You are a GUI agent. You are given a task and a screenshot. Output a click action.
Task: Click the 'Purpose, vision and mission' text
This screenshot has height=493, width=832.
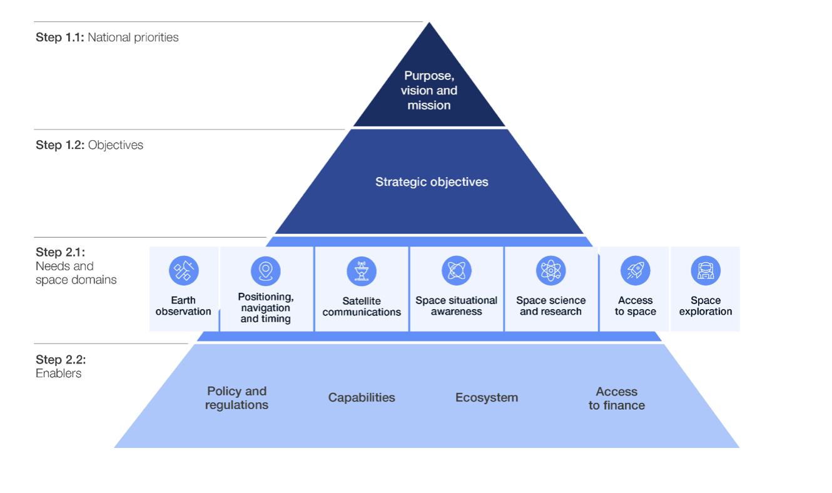pyautogui.click(x=429, y=91)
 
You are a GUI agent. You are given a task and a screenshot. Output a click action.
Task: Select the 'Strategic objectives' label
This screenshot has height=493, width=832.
pyautogui.click(x=432, y=182)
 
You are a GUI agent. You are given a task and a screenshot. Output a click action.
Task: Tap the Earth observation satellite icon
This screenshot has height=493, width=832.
pyautogui.click(x=183, y=271)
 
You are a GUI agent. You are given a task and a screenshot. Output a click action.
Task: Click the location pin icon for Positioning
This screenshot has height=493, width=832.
pyautogui.click(x=266, y=271)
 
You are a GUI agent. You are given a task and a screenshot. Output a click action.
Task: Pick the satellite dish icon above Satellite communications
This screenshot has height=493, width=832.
pyautogui.click(x=362, y=271)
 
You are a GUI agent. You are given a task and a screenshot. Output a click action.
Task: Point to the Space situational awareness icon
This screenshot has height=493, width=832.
pyautogui.click(x=457, y=271)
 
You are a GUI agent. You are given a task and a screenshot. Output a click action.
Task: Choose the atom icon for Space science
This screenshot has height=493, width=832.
pyautogui.click(x=551, y=271)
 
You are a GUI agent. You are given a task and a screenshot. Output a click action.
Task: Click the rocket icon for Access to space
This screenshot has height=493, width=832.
pyautogui.click(x=636, y=271)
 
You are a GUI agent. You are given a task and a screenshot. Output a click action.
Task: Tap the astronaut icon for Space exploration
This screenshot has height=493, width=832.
pyautogui.click(x=706, y=271)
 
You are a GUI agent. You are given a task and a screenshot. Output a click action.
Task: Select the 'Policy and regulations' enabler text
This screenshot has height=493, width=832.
pyautogui.click(x=237, y=398)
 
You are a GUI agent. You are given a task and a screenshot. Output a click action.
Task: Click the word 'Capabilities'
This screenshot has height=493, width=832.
pyautogui.click(x=362, y=397)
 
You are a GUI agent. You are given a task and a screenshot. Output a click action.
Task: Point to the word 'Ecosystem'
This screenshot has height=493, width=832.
pyautogui.click(x=487, y=397)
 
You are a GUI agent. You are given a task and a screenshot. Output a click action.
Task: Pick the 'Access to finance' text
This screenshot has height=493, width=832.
pyautogui.click(x=617, y=399)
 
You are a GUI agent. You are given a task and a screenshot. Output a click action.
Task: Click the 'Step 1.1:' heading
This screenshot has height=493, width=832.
pyautogui.click(x=60, y=38)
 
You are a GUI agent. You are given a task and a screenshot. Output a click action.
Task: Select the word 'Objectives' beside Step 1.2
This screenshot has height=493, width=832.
pyautogui.click(x=116, y=145)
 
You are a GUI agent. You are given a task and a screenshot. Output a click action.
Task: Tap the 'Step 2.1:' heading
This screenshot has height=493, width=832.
pyautogui.click(x=60, y=253)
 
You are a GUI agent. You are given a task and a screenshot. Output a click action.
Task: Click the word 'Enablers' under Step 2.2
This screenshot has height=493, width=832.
pyautogui.click(x=59, y=374)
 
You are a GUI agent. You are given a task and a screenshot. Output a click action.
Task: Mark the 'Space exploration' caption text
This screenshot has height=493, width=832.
pyautogui.click(x=706, y=306)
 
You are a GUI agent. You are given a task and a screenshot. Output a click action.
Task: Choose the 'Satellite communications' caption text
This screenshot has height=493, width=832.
pyautogui.click(x=362, y=307)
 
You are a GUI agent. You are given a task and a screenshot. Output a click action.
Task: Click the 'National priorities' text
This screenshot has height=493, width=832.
pyautogui.click(x=133, y=38)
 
